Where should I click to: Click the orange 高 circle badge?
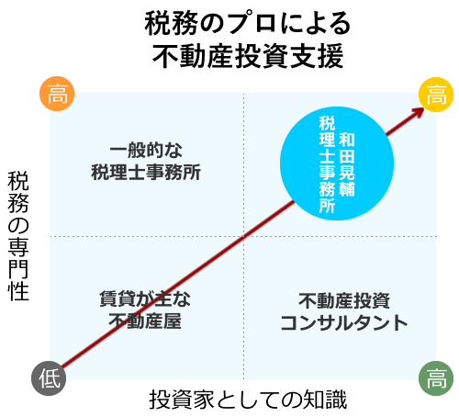click(57, 94)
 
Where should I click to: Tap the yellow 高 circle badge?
click(436, 95)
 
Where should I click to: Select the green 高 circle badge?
click(436, 378)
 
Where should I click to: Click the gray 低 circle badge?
click(49, 378)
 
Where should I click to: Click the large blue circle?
click(337, 163)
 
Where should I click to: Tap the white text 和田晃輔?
click(347, 164)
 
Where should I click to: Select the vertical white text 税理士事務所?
click(327, 164)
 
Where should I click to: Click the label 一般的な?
click(146, 150)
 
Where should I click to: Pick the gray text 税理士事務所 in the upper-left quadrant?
click(146, 172)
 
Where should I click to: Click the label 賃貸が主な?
click(145, 299)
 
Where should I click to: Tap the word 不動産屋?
click(145, 321)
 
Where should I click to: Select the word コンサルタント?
click(344, 322)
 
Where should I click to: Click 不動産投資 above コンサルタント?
click(344, 300)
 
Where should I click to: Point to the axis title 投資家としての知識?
click(248, 400)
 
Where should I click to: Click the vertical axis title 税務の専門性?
click(18, 236)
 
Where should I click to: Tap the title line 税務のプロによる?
click(248, 23)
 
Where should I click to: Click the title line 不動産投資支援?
click(248, 56)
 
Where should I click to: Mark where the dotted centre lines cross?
click(244, 236)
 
